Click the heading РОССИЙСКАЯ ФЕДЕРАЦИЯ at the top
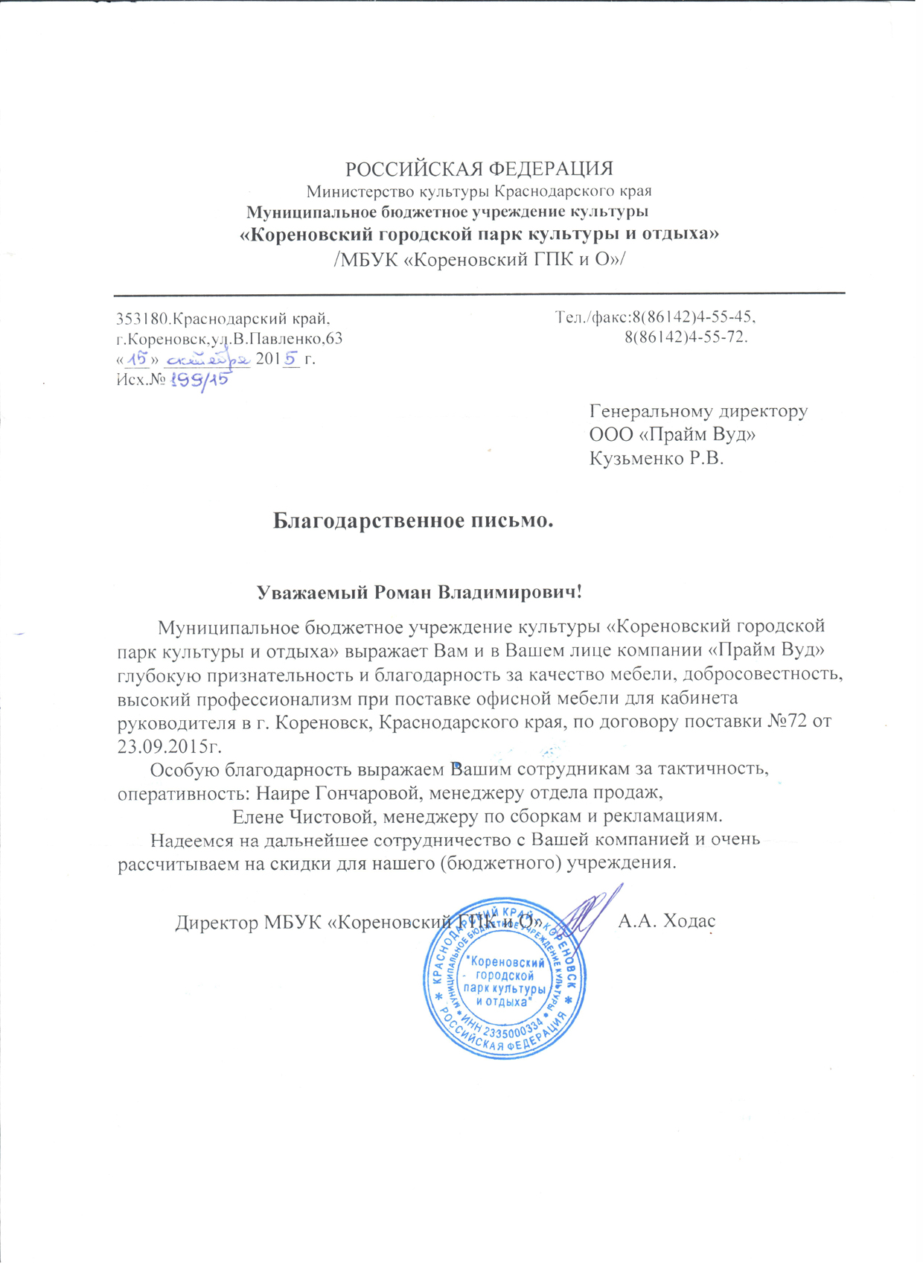(x=479, y=168)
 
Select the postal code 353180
(x=144, y=319)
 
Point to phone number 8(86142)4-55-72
(x=686, y=337)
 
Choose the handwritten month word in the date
(x=207, y=360)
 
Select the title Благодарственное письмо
(x=413, y=520)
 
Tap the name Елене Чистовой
(x=305, y=816)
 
